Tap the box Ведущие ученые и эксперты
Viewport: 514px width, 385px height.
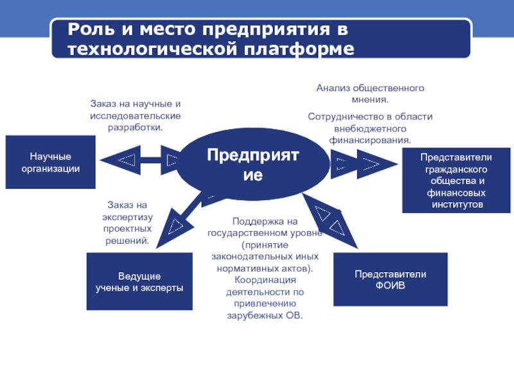coord(139,281)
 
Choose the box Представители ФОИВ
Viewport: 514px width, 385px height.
coord(391,279)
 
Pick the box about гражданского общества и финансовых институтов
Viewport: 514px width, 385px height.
coord(456,180)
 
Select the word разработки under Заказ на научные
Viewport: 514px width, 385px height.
coord(135,127)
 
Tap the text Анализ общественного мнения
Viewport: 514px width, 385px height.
coord(369,94)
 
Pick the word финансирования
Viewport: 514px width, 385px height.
coord(369,139)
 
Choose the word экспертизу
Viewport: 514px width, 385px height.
coord(127,217)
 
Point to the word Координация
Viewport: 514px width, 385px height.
coord(265,280)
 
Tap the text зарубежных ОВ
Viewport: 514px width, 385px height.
coord(265,316)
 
